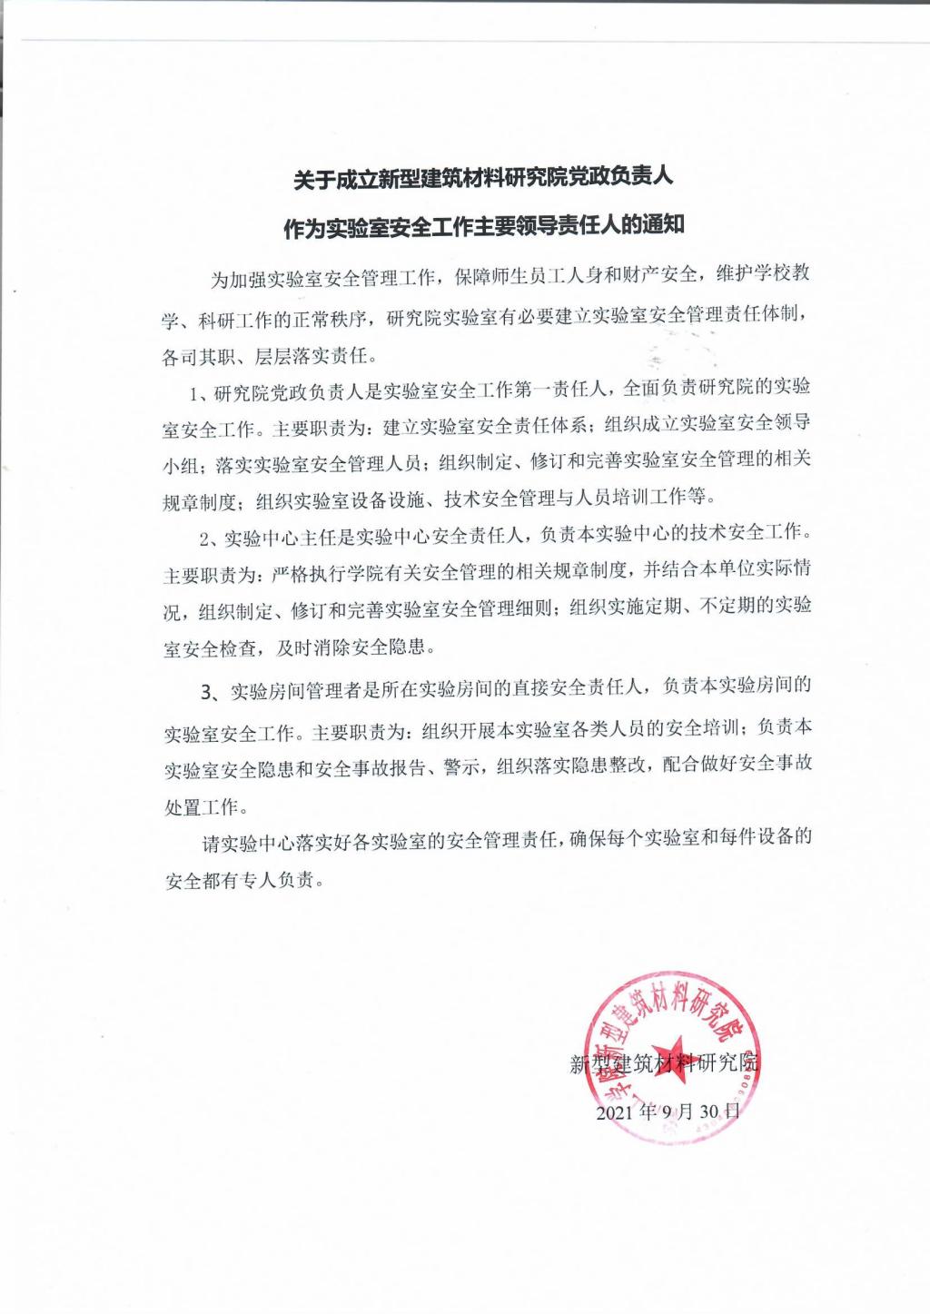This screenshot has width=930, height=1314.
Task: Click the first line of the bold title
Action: (x=482, y=178)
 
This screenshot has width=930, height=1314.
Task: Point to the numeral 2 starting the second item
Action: (x=204, y=538)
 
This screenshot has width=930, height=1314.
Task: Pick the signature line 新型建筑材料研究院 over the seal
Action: (x=665, y=1063)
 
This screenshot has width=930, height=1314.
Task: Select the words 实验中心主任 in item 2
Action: (x=279, y=538)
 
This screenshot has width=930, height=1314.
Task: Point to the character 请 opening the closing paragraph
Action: (x=211, y=843)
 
